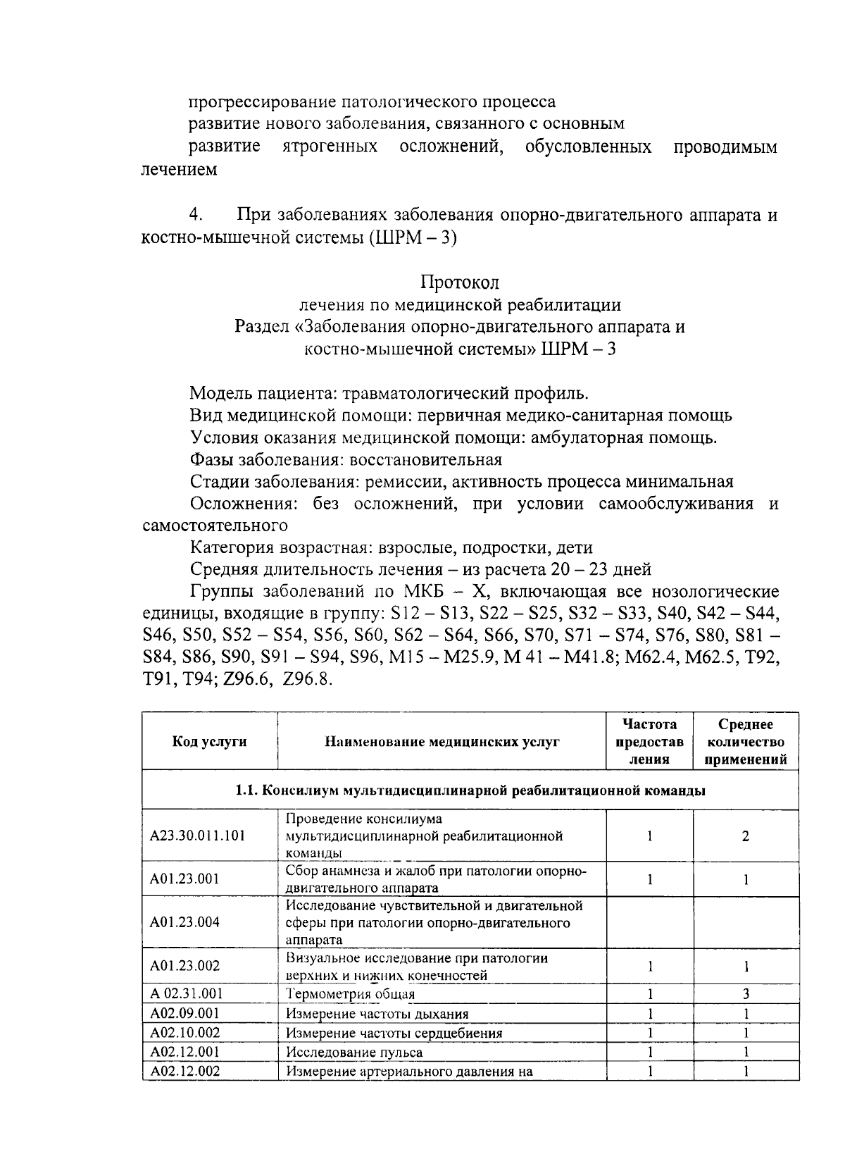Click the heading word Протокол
pyautogui.click(x=460, y=283)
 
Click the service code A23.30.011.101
pyautogui.click(x=198, y=836)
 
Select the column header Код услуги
pyautogui.click(x=209, y=741)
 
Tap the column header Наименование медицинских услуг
pyautogui.click(x=442, y=741)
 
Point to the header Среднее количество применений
pyautogui.click(x=746, y=742)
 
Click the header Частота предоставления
pyautogui.click(x=649, y=742)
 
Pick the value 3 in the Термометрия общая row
pyautogui.click(x=746, y=994)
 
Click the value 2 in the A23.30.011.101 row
pyautogui.click(x=746, y=836)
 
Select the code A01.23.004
pyautogui.click(x=185, y=922)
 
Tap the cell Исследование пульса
pyautogui.click(x=354, y=1053)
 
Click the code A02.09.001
pyautogui.click(x=185, y=1014)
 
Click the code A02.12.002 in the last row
pyautogui.click(x=185, y=1072)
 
